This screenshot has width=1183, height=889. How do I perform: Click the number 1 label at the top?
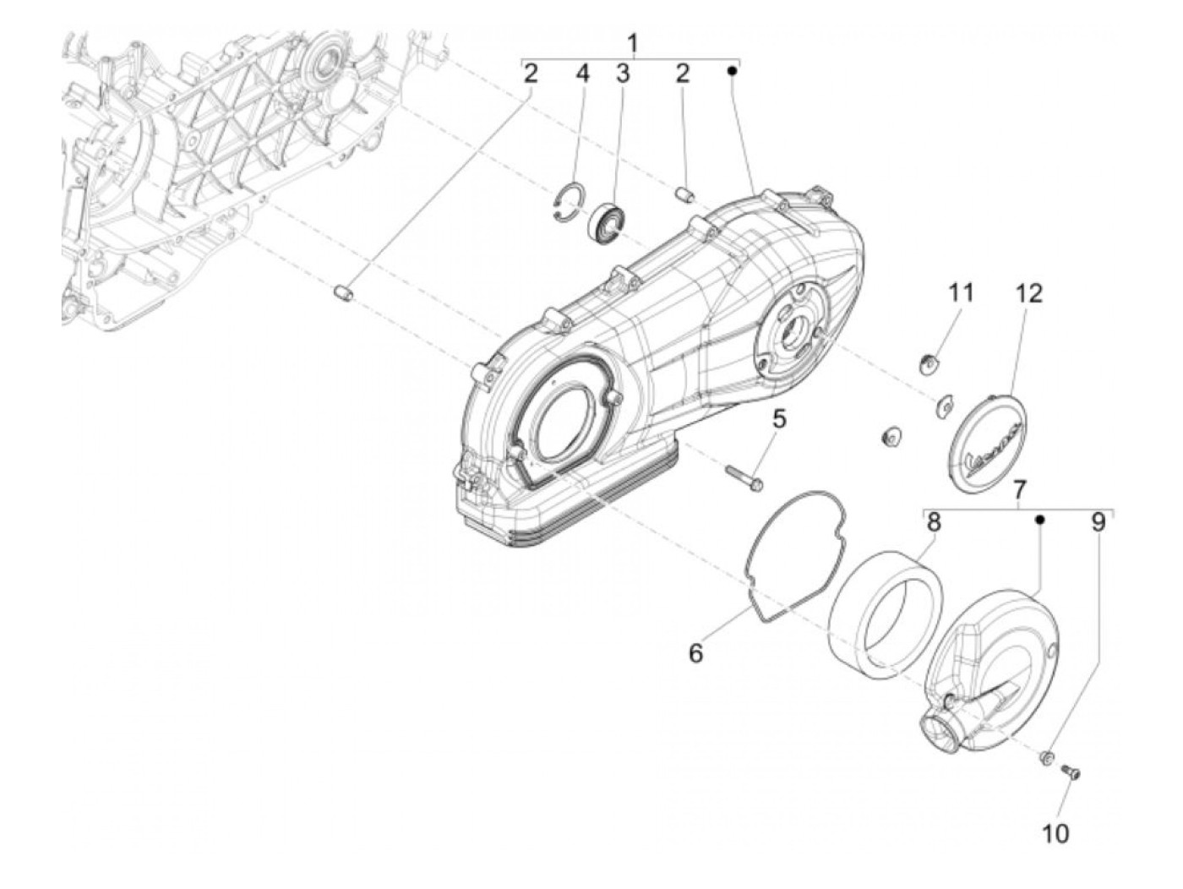click(x=633, y=44)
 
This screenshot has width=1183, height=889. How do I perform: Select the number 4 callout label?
click(x=582, y=74)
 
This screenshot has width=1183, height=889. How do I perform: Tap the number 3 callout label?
click(x=623, y=74)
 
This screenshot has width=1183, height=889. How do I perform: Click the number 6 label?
click(x=695, y=653)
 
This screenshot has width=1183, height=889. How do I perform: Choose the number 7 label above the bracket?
click(x=1020, y=490)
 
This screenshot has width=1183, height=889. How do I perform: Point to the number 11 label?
click(x=961, y=293)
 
